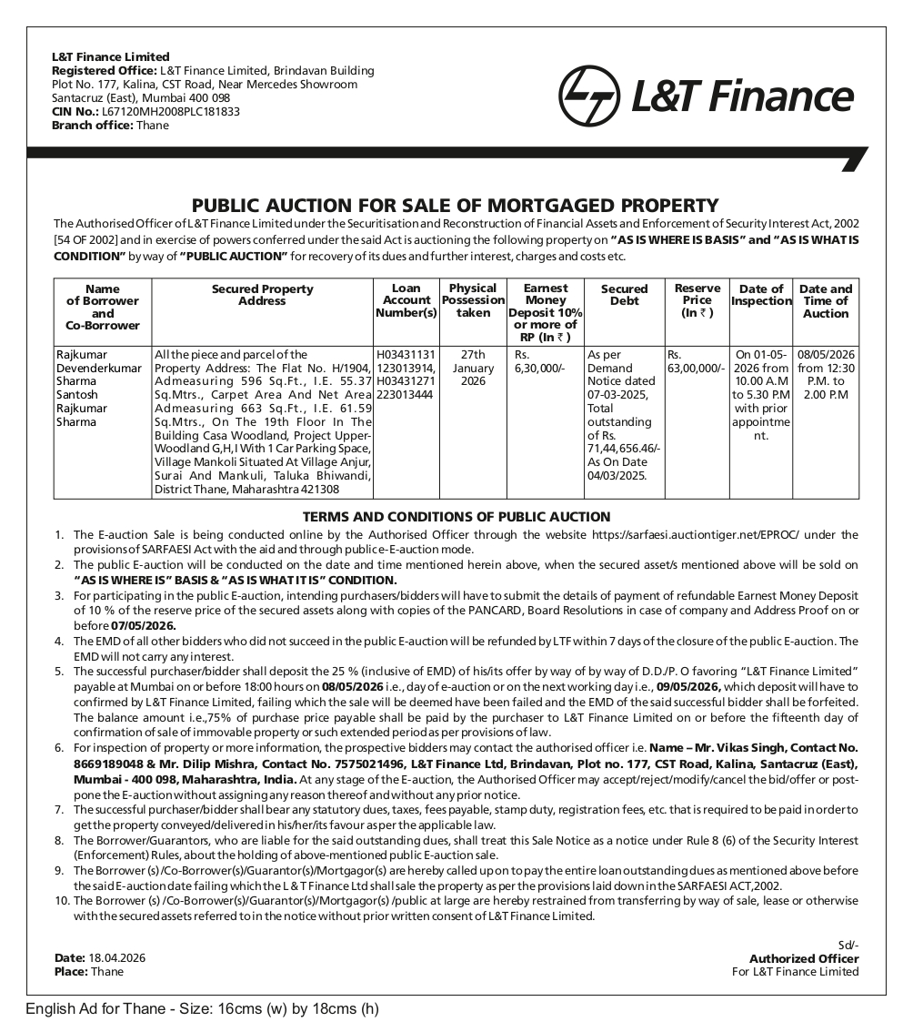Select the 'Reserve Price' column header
click(697, 300)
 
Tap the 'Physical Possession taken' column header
click(473, 300)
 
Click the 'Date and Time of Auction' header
click(826, 300)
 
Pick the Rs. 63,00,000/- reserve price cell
click(696, 360)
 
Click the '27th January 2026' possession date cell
click(473, 368)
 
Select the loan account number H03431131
click(406, 354)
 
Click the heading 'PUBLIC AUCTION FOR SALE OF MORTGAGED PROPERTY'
click(456, 205)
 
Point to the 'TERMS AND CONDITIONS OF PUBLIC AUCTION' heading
click(456, 517)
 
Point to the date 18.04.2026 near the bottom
click(117, 957)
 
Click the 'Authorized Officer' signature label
click(803, 958)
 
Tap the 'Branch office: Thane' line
click(110, 126)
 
